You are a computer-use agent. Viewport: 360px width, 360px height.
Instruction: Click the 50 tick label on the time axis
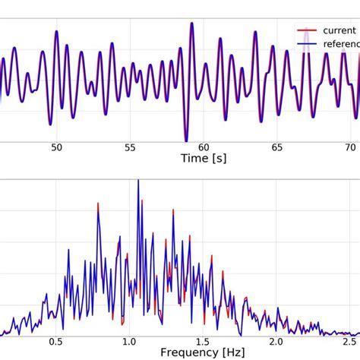click(x=57, y=149)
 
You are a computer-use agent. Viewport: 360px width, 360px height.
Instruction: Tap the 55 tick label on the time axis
click(x=131, y=149)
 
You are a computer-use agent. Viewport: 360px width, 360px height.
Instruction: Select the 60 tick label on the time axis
click(x=204, y=149)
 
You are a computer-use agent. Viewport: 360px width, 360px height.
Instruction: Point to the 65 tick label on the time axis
click(x=278, y=149)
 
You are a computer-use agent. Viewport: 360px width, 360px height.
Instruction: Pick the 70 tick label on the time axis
click(x=351, y=149)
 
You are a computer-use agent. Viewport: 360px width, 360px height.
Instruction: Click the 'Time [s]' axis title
click(x=203, y=159)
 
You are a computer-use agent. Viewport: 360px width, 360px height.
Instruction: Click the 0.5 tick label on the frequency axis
click(x=56, y=342)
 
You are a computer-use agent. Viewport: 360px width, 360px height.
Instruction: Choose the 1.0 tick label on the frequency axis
click(x=130, y=342)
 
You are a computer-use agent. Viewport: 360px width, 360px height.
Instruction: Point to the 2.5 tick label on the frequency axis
click(x=350, y=342)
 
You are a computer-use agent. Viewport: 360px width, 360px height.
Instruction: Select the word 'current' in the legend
click(x=339, y=30)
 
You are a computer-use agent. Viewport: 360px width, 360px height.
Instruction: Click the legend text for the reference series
click(x=341, y=44)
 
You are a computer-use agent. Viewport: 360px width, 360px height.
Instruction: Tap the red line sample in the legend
click(x=307, y=30)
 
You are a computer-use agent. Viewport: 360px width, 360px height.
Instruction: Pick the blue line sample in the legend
click(x=307, y=44)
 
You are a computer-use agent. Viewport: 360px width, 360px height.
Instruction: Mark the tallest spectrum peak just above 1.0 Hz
click(x=138, y=181)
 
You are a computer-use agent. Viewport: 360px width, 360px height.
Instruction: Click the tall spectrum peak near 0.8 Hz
click(x=98, y=204)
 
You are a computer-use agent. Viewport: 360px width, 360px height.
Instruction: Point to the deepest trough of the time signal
click(x=185, y=139)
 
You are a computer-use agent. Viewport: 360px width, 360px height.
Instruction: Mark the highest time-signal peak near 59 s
click(x=191, y=24)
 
